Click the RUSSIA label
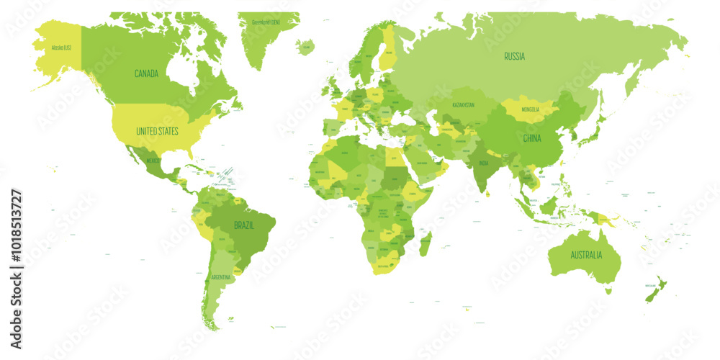pos(514,56)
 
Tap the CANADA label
pos(147,73)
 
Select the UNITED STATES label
pos(158,132)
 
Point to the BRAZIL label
pos(243,225)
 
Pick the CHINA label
pos(532,138)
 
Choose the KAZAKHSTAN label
pos(463,105)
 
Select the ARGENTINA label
pos(221,277)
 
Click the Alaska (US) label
pos(60,48)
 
